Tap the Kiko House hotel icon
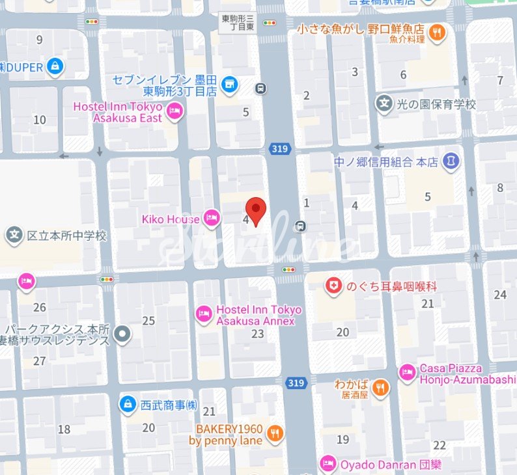pyautogui.click(x=212, y=219)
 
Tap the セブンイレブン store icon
pyautogui.click(x=229, y=83)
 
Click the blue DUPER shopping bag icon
pyautogui.click(x=55, y=66)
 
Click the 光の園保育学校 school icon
pyautogui.click(x=384, y=103)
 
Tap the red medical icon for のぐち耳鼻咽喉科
pyautogui.click(x=334, y=286)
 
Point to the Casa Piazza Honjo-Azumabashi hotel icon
pyautogui.click(x=407, y=372)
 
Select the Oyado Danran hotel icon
pyautogui.click(x=328, y=465)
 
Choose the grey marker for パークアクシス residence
pyautogui.click(x=122, y=335)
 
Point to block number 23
pyautogui.click(x=258, y=334)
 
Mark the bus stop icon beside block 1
pyautogui.click(x=300, y=226)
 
